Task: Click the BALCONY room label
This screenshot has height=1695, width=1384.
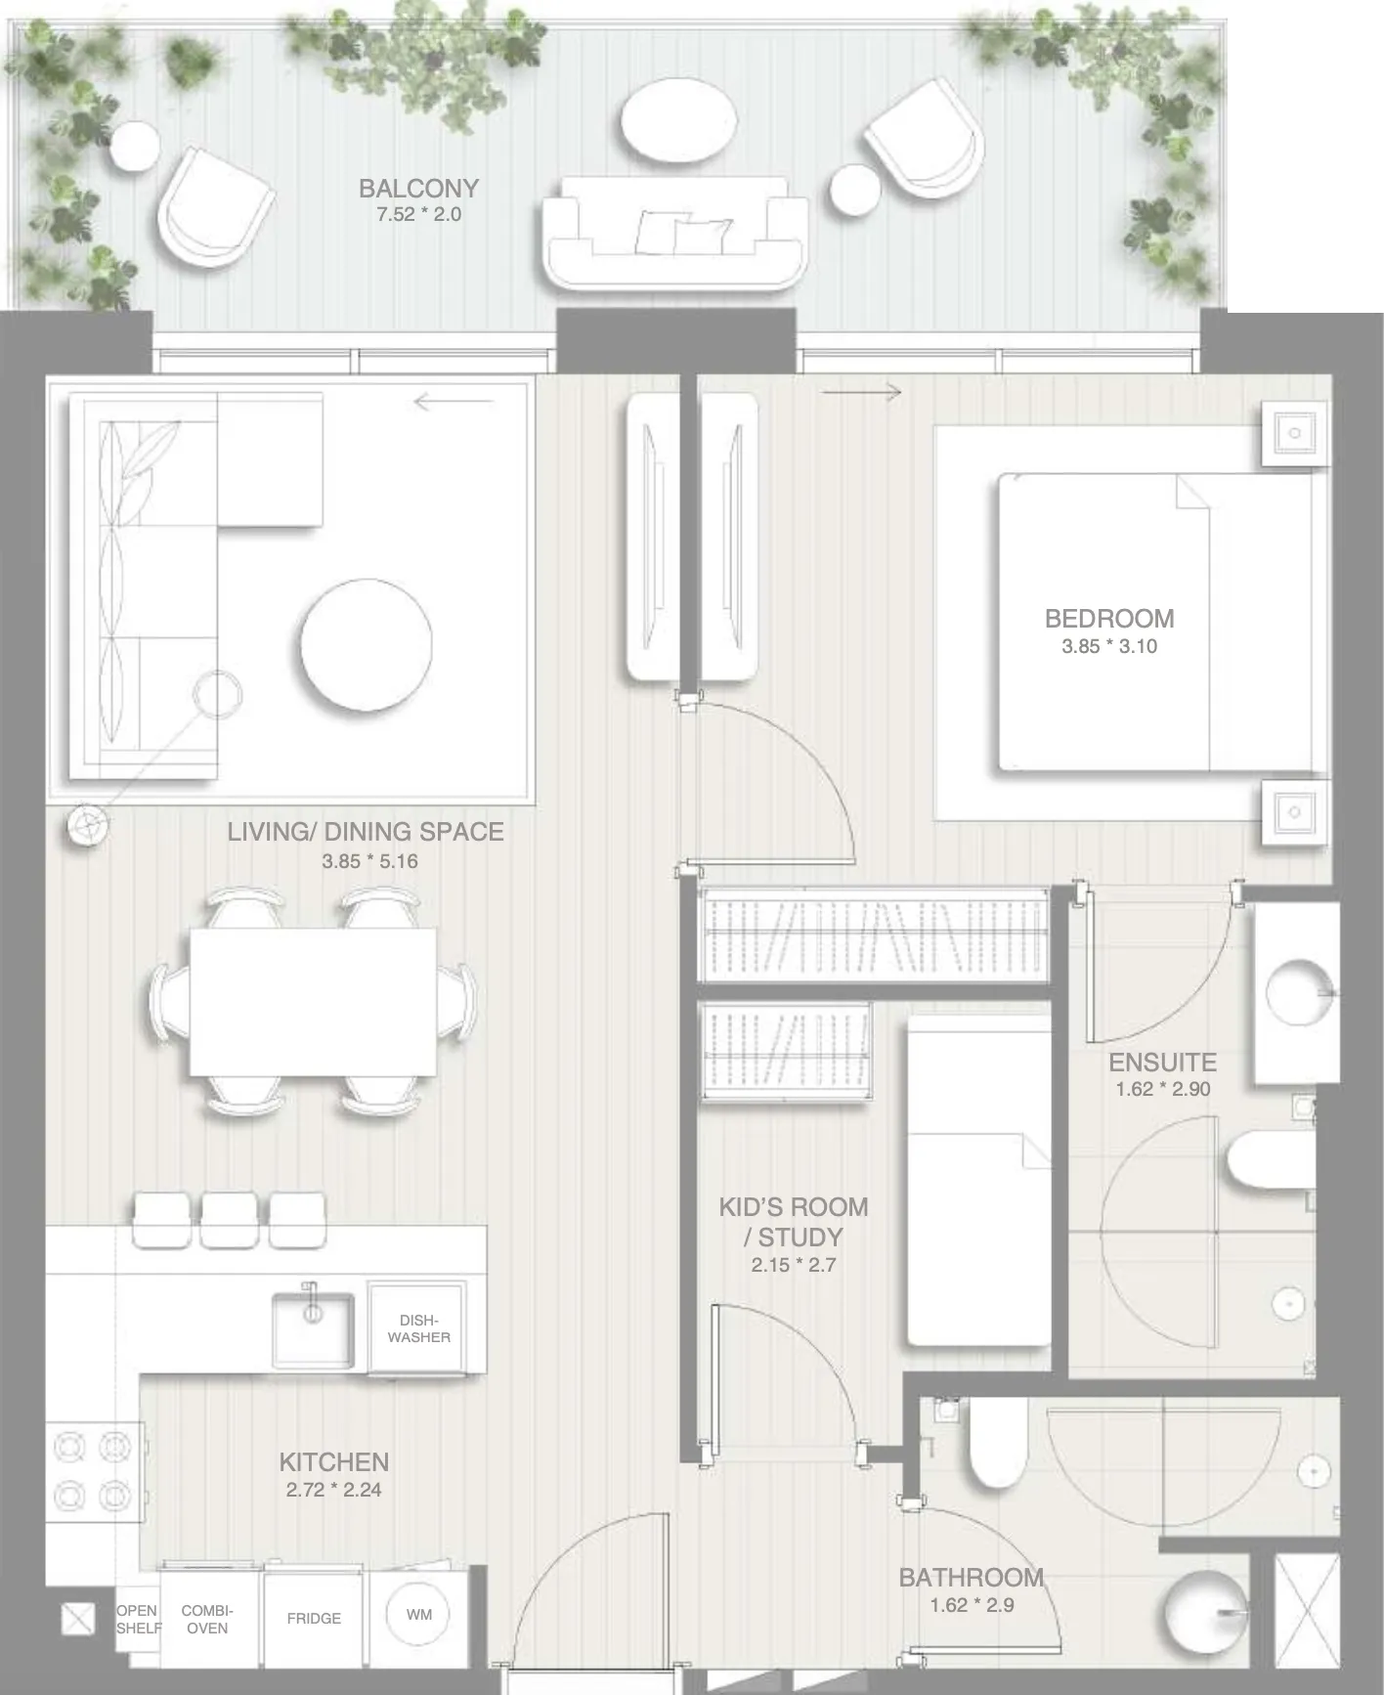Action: point(418,188)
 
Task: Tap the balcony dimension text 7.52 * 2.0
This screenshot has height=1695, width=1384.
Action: point(418,214)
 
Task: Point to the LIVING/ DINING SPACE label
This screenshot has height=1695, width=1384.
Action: point(366,832)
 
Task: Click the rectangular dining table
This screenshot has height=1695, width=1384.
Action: point(313,1002)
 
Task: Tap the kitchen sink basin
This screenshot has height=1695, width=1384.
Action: point(313,1329)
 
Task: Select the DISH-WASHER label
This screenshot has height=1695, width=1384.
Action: point(418,1328)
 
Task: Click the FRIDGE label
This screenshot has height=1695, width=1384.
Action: point(314,1619)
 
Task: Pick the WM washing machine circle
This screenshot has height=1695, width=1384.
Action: point(419,1614)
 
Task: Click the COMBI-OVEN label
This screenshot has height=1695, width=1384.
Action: point(207,1619)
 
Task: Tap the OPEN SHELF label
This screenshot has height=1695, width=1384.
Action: point(138,1619)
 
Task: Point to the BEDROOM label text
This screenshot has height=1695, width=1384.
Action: point(1109,618)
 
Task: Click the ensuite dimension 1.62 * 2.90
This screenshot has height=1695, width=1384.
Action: point(1163,1089)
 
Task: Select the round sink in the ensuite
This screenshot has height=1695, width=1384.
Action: point(1298,993)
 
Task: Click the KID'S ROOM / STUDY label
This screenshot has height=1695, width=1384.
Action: point(794,1221)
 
